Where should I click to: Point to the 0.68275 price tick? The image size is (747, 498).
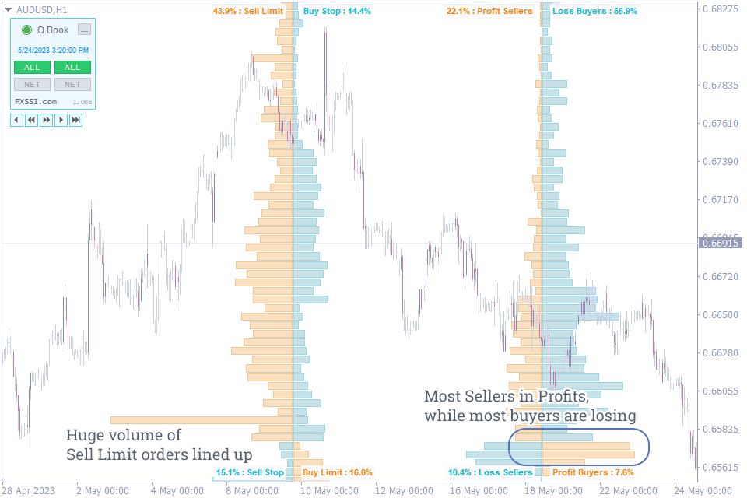[x=720, y=9]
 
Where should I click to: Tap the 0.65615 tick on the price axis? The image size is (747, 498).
[x=720, y=467]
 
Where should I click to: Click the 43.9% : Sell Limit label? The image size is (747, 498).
[x=247, y=12]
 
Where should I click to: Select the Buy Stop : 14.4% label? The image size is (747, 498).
[x=337, y=12]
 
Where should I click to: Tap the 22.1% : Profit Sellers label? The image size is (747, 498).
[x=489, y=12]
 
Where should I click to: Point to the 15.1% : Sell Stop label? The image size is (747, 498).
[x=250, y=472]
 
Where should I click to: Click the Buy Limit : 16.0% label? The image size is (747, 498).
[x=338, y=472]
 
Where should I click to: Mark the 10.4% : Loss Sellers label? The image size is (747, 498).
[x=490, y=472]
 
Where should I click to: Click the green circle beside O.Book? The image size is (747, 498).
[x=27, y=30]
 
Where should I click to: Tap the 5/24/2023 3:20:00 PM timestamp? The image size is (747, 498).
[x=53, y=51]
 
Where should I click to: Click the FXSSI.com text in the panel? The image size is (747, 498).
[x=36, y=102]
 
